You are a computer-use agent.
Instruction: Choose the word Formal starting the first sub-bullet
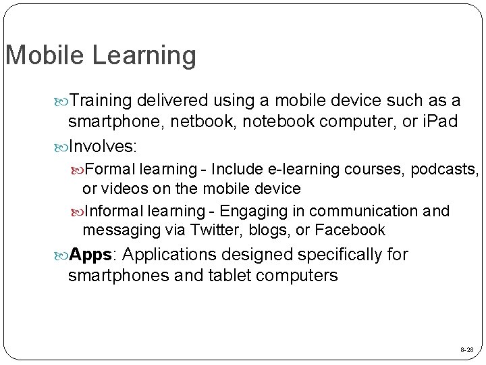111,168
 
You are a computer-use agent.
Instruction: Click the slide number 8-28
466,351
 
